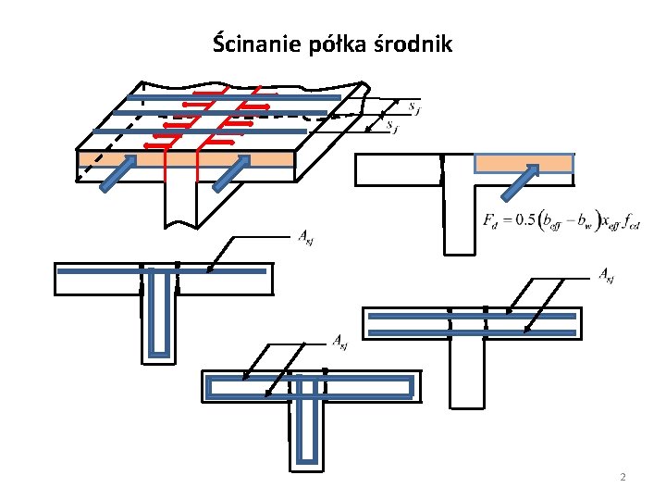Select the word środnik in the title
point(414,44)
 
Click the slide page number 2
point(623,478)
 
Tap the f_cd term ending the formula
point(633,221)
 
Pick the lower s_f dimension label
point(393,126)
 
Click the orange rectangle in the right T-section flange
point(524,164)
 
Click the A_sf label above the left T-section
point(303,238)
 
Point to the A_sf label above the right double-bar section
point(607,273)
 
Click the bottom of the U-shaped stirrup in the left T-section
point(160,355)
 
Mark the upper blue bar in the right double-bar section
point(473,316)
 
